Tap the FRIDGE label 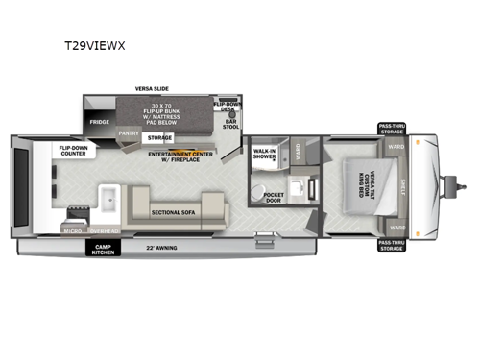99,123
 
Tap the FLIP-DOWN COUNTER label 76,151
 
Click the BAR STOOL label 230,124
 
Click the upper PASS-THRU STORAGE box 392,128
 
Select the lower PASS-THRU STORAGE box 392,246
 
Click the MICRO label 73,230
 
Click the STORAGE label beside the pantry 159,138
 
